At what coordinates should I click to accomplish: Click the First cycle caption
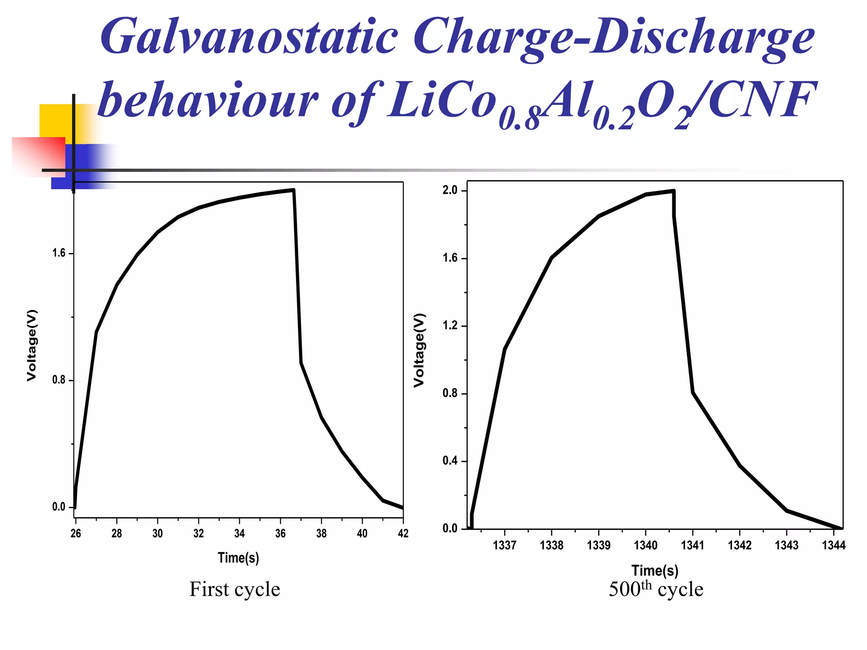click(x=235, y=589)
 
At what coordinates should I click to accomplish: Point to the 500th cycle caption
click(x=656, y=589)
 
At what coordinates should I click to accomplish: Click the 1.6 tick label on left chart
click(x=59, y=253)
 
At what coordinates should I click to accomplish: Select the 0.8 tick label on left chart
click(x=59, y=380)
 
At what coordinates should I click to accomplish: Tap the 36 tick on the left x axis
click(x=280, y=533)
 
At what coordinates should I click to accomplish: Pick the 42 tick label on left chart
click(x=403, y=533)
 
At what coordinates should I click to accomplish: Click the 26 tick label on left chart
click(x=76, y=533)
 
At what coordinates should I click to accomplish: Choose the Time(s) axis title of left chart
click(x=238, y=558)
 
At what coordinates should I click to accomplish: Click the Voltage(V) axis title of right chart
click(x=419, y=350)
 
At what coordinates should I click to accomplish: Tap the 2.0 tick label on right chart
click(x=450, y=190)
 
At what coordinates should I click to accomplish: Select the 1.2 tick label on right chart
click(x=450, y=325)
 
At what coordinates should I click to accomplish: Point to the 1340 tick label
click(x=646, y=545)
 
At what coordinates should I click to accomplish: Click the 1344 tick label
click(x=834, y=545)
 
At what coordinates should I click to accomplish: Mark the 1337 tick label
click(x=505, y=545)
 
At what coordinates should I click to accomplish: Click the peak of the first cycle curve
click(x=293, y=190)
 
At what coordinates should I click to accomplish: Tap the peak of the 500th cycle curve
click(x=673, y=191)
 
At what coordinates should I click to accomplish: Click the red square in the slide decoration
click(x=38, y=156)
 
